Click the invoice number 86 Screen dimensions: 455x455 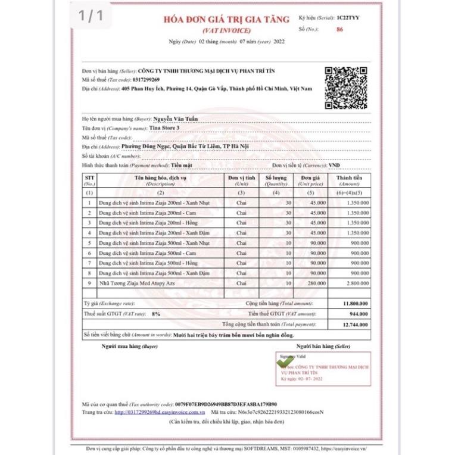tap(339, 29)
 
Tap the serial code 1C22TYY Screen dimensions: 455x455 tap(348, 18)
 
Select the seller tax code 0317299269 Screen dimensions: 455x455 tap(142, 79)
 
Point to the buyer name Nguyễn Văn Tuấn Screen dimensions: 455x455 tap(175, 119)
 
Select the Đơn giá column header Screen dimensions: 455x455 tap(310, 180)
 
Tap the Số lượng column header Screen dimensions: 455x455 tap(276, 180)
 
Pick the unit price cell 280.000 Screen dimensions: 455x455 tap(317, 283)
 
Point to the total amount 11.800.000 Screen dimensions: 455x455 tap(356, 304)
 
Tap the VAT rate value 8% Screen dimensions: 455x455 tap(156, 313)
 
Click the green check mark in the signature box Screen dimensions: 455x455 tap(285, 361)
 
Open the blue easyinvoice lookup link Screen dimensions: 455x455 tap(160, 412)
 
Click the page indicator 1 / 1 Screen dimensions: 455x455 tap(89, 17)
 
